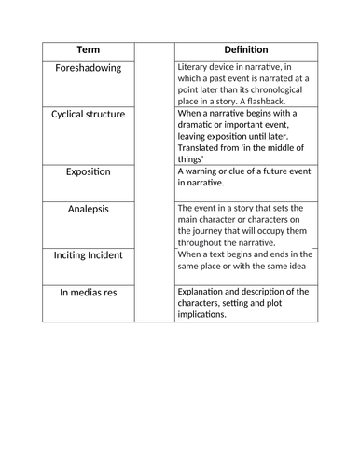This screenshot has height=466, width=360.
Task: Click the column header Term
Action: pyautogui.click(x=89, y=49)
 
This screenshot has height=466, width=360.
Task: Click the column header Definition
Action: pyautogui.click(x=246, y=49)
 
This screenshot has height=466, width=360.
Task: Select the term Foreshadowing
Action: pyautogui.click(x=89, y=68)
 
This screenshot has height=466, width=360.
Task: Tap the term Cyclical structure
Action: pyautogui.click(x=89, y=114)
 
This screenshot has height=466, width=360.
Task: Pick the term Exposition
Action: pyautogui.click(x=89, y=171)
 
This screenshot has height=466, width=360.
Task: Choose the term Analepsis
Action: pyautogui.click(x=89, y=208)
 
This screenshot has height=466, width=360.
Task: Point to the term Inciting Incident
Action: pyautogui.click(x=89, y=254)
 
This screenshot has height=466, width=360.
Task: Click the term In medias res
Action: pyautogui.click(x=89, y=292)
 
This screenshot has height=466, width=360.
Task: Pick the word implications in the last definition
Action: pyautogui.click(x=203, y=315)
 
